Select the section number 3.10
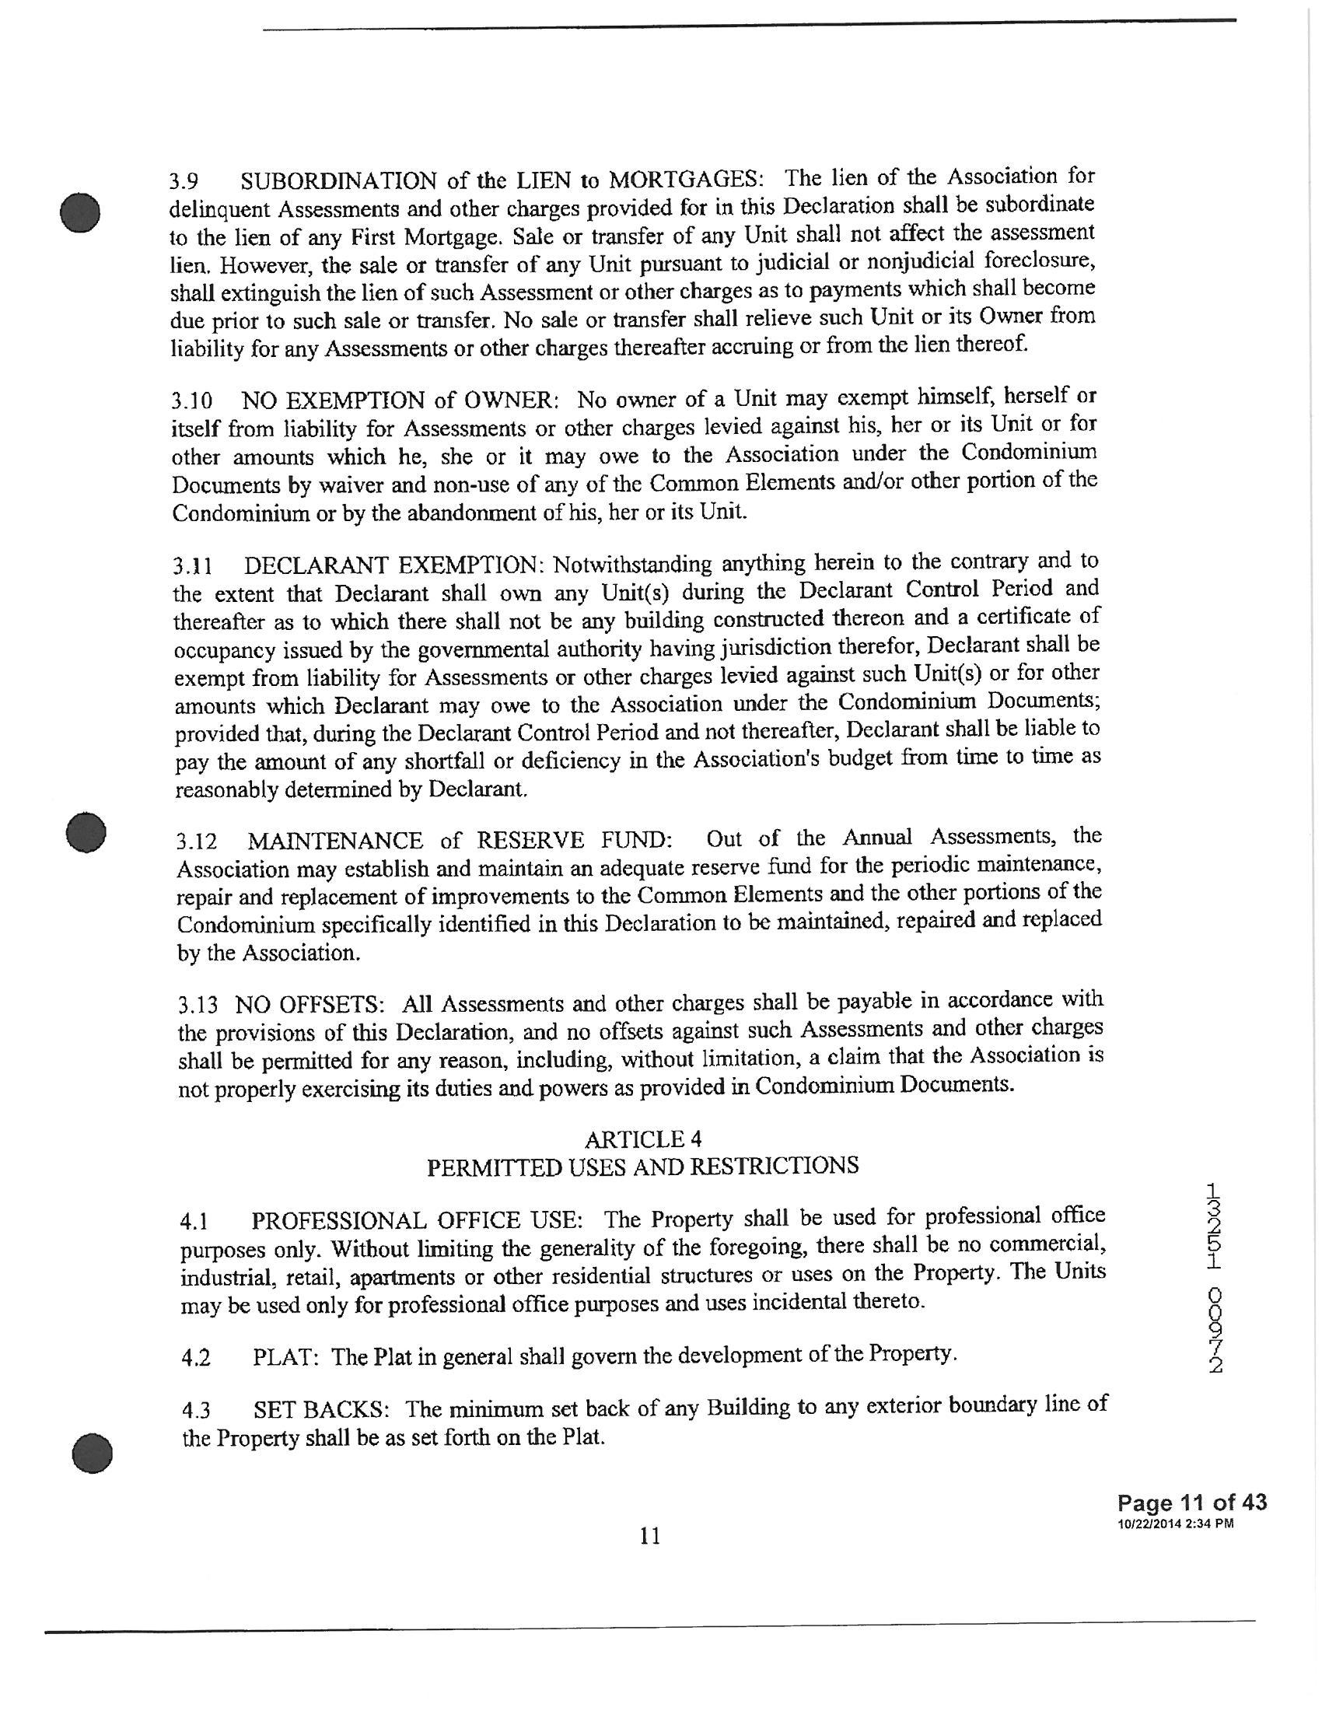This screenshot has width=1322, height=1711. coord(191,402)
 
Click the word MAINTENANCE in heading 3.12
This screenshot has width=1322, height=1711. coord(336,842)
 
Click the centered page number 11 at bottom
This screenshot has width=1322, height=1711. coord(649,1536)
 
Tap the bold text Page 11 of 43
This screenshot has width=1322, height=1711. coord(1191,1503)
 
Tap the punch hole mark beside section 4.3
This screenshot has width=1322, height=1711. coord(92,1450)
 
